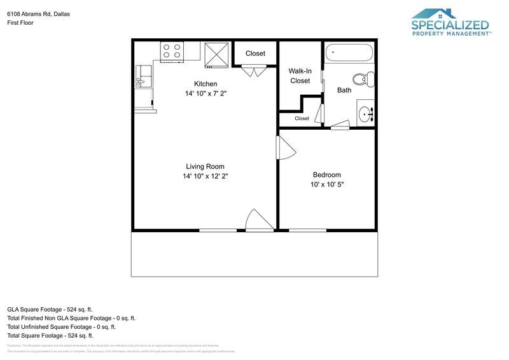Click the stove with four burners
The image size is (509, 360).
pyautogui.click(x=172, y=51)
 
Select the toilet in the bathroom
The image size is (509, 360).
pyautogui.click(x=365, y=80)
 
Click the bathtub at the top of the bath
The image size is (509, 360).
pyautogui.click(x=349, y=52)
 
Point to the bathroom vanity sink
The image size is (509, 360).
pyautogui.click(x=365, y=114)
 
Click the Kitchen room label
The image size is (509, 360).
pyautogui.click(x=206, y=84)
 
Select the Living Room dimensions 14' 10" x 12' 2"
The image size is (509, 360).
pyautogui.click(x=205, y=176)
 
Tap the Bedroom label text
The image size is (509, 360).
pyautogui.click(x=326, y=175)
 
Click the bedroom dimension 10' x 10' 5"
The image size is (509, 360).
pyautogui.click(x=326, y=185)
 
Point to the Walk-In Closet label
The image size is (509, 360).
pyautogui.click(x=300, y=76)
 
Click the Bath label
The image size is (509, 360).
pyautogui.click(x=344, y=90)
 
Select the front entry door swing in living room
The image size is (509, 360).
pyautogui.click(x=259, y=219)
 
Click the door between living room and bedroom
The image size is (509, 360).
pyautogui.click(x=286, y=148)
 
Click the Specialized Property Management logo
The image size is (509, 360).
pyautogui.click(x=450, y=23)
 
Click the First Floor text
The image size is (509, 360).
pyautogui.click(x=20, y=23)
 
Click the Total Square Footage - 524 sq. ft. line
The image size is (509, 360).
pyautogui.click(x=50, y=335)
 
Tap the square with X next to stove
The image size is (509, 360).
pyautogui.click(x=216, y=54)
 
